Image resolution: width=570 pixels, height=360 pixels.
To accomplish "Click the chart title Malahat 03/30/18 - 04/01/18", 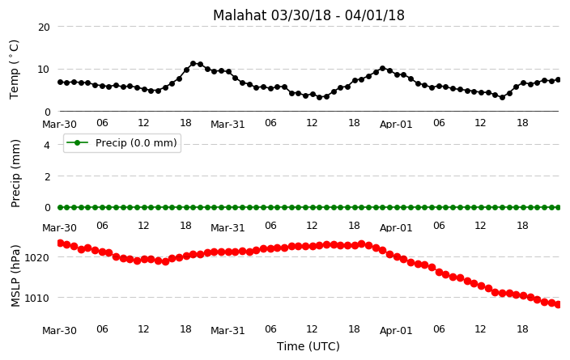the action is click(308, 15).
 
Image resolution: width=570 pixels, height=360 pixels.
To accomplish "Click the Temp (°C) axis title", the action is click(14, 70).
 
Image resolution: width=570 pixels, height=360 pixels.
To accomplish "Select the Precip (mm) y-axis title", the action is click(15, 174).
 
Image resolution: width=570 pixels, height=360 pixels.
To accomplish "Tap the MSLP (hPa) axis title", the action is click(15, 276).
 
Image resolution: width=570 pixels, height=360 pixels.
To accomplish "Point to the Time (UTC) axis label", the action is click(308, 346).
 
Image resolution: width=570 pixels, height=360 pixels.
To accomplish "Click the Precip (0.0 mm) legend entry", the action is click(122, 142).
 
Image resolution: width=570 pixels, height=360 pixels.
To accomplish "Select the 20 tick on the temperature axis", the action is click(44, 27).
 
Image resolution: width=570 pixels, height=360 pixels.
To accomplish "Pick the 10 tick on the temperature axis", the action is click(44, 69).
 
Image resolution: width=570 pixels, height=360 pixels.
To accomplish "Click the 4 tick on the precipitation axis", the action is click(47, 146).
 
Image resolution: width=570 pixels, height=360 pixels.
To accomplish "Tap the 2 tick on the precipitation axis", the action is click(47, 176).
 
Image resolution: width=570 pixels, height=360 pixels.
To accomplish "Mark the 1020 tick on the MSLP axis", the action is click(36, 257).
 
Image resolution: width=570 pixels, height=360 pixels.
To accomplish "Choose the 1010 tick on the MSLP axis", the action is click(36, 299).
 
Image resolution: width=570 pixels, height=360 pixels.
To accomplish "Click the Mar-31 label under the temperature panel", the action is click(228, 125).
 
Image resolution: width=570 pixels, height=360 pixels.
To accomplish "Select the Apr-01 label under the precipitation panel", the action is click(396, 228).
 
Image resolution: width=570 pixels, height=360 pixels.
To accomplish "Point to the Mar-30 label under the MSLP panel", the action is click(59, 331).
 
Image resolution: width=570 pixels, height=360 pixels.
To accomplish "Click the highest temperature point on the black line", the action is click(193, 64).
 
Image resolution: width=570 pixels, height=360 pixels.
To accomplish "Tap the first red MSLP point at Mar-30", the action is click(61, 243).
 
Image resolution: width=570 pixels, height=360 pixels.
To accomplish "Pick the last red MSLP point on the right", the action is click(558, 305).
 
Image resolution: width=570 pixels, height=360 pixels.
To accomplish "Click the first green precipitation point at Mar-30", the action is click(61, 207).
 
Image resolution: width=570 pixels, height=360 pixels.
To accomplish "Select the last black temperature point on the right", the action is click(559, 79).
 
